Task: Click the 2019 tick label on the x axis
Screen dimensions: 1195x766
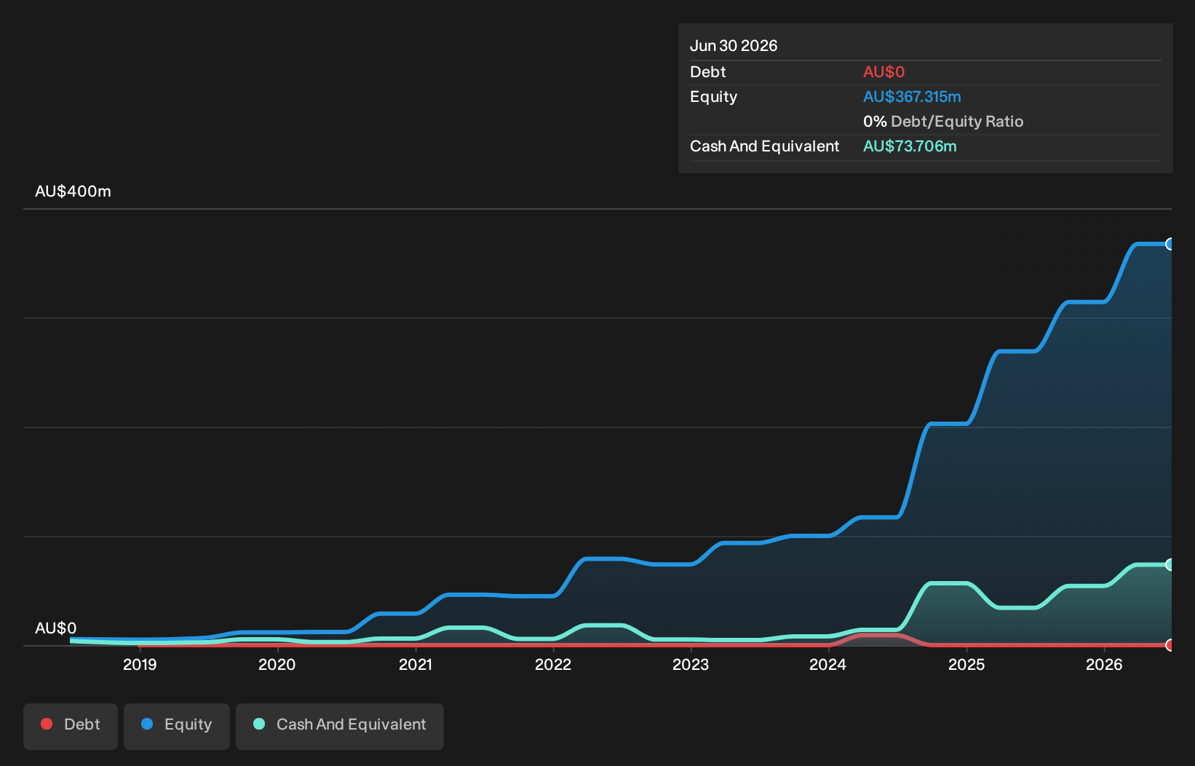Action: coord(140,665)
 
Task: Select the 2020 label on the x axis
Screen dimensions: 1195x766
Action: coord(277,665)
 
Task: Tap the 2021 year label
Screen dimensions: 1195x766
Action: coord(416,665)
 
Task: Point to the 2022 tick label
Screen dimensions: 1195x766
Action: coord(553,665)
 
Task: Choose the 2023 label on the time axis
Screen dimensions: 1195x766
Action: coord(691,665)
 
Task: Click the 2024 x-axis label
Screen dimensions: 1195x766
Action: coord(828,665)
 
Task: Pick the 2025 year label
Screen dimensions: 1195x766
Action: coord(966,665)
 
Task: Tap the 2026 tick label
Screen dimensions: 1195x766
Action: coord(1104,665)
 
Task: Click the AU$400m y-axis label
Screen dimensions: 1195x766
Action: coord(73,191)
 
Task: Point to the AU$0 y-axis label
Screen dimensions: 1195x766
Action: coord(55,628)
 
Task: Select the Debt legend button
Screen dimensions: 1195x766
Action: coord(71,727)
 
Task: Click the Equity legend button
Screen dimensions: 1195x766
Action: coord(177,727)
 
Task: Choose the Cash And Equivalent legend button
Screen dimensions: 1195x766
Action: coord(340,727)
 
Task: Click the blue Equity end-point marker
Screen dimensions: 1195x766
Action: coord(1170,244)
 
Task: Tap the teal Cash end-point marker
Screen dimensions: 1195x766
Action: coord(1170,565)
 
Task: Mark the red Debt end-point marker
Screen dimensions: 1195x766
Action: coord(1170,645)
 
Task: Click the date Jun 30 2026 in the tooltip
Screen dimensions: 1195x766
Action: coord(734,46)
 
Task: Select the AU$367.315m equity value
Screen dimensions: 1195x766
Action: coord(912,97)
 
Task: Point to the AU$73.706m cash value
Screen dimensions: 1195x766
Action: coord(910,146)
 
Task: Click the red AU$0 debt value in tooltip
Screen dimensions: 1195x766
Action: coord(884,72)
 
